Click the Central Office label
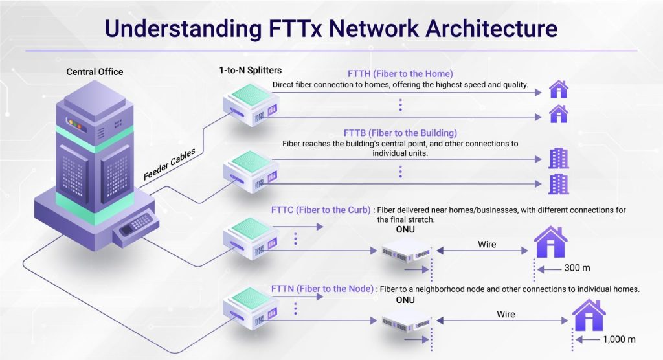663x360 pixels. (95, 72)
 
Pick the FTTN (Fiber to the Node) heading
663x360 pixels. (322, 289)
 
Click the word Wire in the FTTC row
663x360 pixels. (487, 244)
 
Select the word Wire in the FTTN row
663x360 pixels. (506, 314)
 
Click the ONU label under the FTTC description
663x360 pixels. (405, 229)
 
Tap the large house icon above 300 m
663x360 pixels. (550, 242)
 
